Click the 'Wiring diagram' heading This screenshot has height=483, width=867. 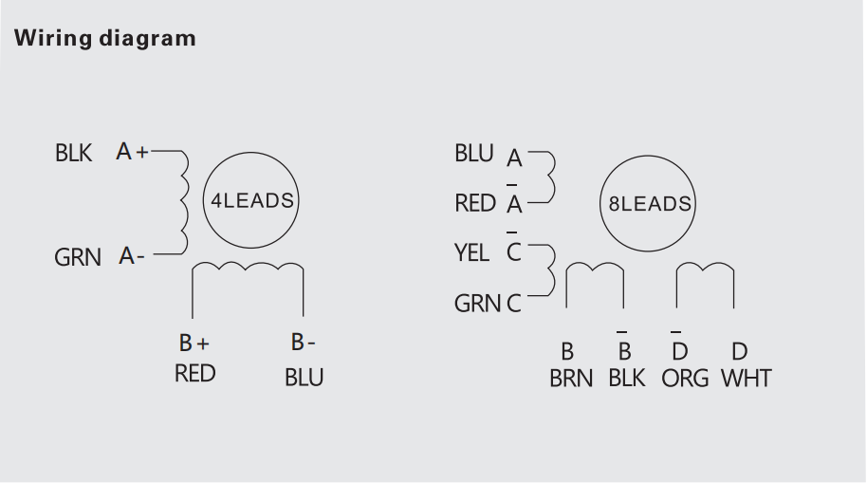[x=104, y=39]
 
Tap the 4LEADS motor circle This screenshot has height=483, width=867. [x=249, y=201]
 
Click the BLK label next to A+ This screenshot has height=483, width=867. [x=73, y=153]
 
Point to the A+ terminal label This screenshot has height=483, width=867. [x=132, y=151]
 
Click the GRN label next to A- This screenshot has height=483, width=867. [x=77, y=257]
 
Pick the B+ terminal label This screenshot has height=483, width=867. [x=194, y=344]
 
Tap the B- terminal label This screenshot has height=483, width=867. [x=303, y=344]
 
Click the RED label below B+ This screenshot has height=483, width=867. [x=194, y=374]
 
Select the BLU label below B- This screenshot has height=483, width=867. [x=304, y=378]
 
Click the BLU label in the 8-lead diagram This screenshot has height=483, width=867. [x=473, y=154]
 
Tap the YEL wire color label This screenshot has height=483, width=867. [x=471, y=253]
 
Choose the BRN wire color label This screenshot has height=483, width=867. [x=571, y=379]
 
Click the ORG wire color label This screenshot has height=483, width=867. [x=685, y=379]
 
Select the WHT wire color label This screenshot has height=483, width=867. [x=746, y=379]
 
